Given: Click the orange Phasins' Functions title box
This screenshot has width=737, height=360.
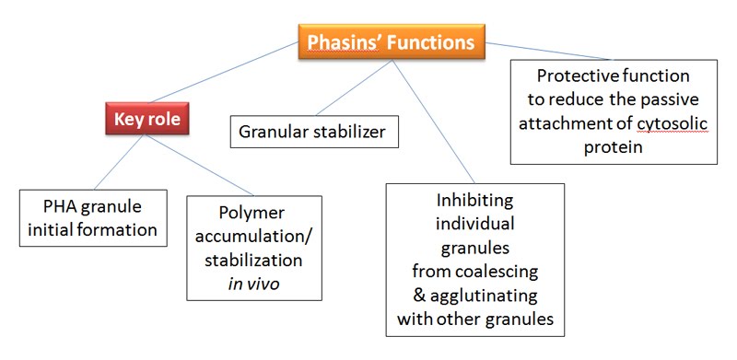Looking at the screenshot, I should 391,42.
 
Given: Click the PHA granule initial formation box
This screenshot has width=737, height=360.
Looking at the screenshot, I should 94,216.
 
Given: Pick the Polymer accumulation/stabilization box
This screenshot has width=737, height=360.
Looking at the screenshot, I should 254,247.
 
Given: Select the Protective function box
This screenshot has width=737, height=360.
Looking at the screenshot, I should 614,112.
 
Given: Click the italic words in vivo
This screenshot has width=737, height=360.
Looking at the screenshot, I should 254,284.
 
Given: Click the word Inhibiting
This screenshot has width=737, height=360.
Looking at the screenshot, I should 474,201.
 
